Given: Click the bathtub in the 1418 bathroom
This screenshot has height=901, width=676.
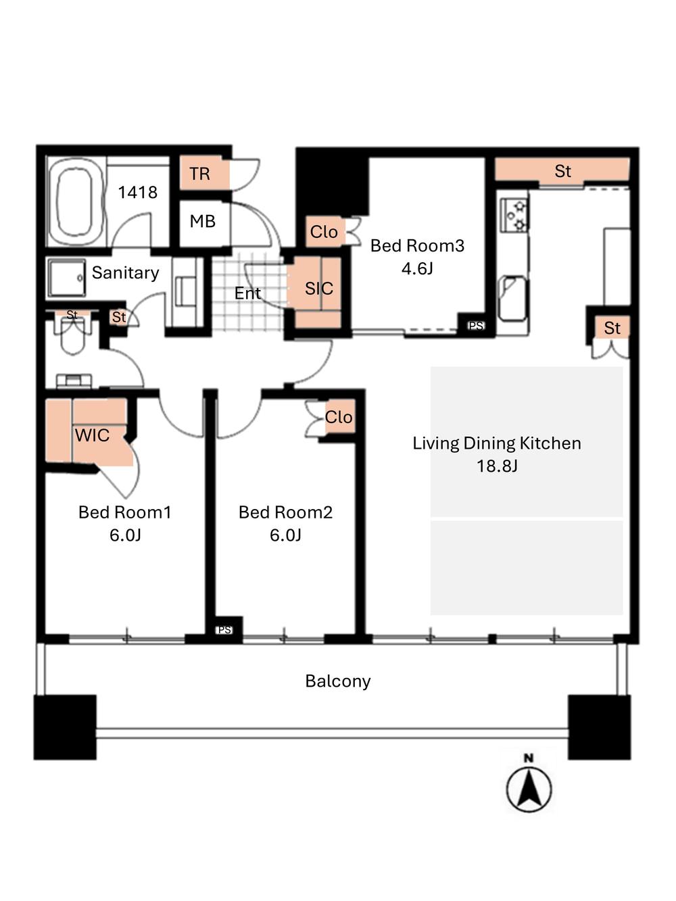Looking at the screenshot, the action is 76,202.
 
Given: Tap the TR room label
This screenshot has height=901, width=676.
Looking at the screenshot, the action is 199,174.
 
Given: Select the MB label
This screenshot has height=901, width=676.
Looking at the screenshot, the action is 202,222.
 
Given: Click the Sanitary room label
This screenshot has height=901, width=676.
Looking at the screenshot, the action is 125,272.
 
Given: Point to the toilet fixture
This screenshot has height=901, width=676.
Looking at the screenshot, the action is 72,335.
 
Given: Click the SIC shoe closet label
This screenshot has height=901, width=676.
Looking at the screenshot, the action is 319,289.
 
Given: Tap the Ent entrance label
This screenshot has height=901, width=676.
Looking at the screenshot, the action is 247,293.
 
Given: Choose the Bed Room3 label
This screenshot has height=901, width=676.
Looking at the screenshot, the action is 417,245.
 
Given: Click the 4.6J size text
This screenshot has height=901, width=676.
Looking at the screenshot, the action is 417,268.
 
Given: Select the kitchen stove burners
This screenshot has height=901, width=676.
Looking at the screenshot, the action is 515,214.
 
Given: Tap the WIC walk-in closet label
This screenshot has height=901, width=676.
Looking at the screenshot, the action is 92,435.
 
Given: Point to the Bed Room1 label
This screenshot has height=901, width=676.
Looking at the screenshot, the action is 125,512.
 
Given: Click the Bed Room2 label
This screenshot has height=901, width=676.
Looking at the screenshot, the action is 285,512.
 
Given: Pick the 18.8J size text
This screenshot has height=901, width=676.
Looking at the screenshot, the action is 497,466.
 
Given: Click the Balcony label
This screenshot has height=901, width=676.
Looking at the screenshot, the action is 338,681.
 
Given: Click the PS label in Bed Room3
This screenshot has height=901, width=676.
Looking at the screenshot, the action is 476,326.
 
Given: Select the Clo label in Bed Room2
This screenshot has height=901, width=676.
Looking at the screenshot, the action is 339,417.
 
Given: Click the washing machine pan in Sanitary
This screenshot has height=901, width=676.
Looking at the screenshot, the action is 67,278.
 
